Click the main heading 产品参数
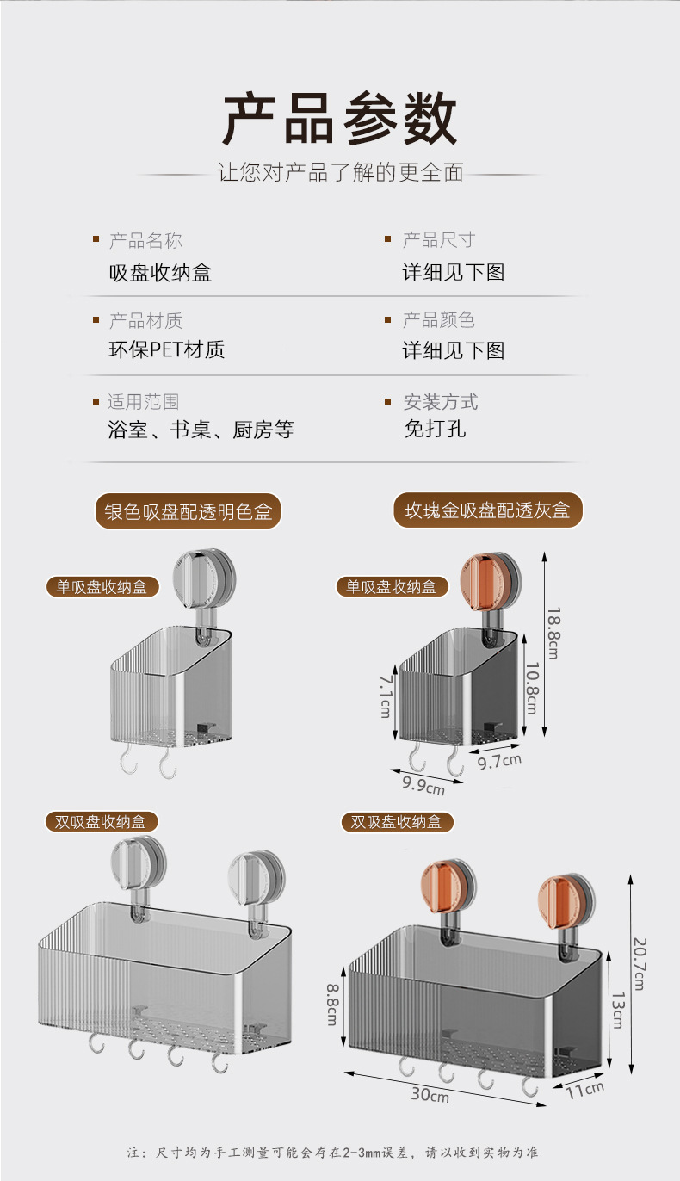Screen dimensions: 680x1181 340,119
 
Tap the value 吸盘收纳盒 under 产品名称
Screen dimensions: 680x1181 160,273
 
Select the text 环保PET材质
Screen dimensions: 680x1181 166,350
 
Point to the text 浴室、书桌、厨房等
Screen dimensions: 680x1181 201,430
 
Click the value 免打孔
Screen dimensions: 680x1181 435,429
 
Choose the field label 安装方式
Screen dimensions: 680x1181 441,402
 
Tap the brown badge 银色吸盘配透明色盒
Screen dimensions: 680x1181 188,511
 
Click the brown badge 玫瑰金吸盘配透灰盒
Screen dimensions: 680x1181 488,510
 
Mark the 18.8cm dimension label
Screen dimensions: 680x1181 554,633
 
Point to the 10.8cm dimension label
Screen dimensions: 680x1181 531,688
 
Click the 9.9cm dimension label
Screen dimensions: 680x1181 423,784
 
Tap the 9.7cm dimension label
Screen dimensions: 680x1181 500,761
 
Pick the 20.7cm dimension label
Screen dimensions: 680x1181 639,962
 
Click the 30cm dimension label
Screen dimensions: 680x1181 430,1096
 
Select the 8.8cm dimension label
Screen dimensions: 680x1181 331,1004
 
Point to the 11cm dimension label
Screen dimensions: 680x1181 585,1089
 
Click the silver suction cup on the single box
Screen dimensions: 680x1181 204,578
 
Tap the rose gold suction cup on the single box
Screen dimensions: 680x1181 490,578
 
